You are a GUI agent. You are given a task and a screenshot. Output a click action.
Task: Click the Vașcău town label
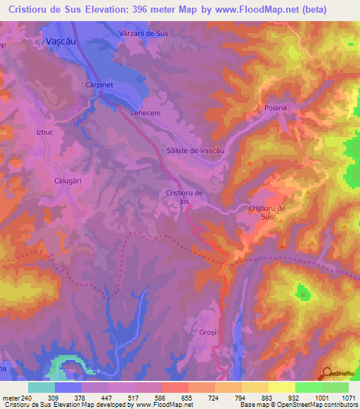[x=60, y=41]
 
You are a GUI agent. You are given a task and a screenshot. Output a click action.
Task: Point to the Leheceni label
[x=146, y=112]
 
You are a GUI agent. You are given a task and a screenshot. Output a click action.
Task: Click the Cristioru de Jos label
[x=184, y=197]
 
